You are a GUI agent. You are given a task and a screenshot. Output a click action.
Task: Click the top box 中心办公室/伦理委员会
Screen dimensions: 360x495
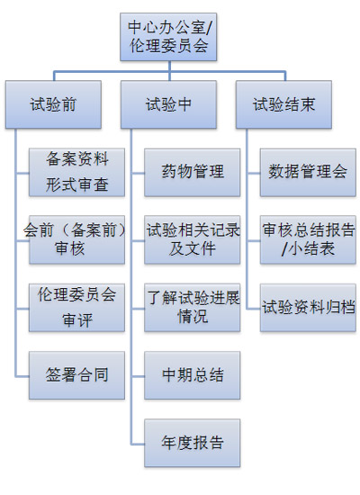click(168, 37)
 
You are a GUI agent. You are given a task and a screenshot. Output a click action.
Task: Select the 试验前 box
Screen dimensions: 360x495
click(53, 104)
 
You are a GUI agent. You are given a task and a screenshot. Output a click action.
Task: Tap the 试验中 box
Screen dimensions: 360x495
click(168, 104)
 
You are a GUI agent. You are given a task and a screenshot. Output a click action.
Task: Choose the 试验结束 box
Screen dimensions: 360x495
click(283, 104)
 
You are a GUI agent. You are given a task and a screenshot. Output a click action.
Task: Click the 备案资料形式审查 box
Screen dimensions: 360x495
click(76, 173)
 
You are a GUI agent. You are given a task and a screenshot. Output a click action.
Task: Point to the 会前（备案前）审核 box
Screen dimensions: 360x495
click(76, 240)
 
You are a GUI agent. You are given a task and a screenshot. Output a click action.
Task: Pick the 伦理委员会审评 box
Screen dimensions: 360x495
click(76, 308)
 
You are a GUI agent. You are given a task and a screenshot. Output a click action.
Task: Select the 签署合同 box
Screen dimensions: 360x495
click(76, 375)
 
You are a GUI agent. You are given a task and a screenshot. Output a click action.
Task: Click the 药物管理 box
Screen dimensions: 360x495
click(193, 173)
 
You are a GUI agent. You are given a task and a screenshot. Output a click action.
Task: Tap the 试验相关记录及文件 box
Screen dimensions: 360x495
click(193, 240)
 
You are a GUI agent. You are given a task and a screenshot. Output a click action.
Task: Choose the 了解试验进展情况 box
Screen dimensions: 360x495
click(193, 308)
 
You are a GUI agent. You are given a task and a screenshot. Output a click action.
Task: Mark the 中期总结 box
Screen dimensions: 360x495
click(193, 375)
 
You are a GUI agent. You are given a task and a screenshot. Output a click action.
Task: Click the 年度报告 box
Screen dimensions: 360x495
click(193, 443)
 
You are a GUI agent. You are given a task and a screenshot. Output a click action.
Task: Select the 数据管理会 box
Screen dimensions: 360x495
click(308, 173)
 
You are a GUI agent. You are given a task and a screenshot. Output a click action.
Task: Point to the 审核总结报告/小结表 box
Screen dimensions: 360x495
click(308, 240)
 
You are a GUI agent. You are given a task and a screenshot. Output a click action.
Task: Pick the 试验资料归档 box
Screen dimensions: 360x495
click(308, 308)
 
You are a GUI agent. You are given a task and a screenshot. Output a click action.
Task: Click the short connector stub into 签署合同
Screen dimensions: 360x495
click(22, 376)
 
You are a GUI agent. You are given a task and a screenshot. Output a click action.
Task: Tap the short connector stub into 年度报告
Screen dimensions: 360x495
click(138, 444)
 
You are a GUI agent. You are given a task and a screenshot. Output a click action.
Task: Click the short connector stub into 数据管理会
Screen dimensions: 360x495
click(253, 173)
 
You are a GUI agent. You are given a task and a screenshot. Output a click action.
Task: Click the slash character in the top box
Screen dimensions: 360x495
click(208, 28)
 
